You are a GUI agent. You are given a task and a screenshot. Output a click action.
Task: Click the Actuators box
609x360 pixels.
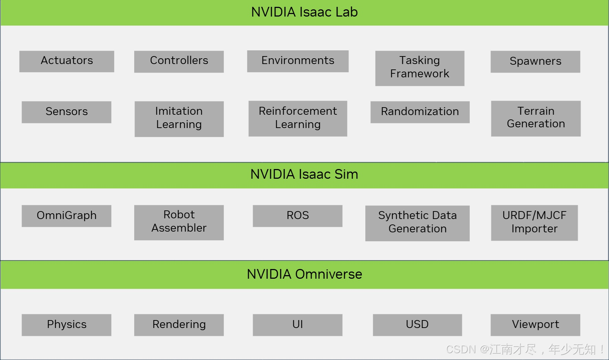[67, 61]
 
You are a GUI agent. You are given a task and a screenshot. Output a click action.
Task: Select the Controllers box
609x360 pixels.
[179, 61]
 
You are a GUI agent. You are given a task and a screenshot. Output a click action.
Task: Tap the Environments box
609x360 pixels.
[298, 61]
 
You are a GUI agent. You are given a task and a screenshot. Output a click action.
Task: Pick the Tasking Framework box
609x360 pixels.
[420, 68]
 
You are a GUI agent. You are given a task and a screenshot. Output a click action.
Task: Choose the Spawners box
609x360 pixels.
[535, 61]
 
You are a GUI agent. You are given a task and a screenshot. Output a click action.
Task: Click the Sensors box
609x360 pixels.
[67, 112]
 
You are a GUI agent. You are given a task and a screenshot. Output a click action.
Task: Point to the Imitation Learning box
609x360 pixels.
[179, 119]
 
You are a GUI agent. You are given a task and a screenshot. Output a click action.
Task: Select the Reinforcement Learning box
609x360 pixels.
[298, 118]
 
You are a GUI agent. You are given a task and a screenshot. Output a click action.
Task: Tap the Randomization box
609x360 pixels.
[420, 112]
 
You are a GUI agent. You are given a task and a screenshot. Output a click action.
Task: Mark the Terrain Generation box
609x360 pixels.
[536, 118]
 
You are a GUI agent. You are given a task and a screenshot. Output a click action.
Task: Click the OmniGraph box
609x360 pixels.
[67, 216]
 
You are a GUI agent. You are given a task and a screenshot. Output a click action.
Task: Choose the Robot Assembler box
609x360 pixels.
[179, 222]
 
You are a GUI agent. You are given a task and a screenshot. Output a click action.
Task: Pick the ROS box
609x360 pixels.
[298, 216]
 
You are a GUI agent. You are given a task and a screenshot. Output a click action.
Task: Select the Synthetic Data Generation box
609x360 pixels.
[417, 223]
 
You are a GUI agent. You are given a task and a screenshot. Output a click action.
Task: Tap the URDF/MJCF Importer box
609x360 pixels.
[534, 223]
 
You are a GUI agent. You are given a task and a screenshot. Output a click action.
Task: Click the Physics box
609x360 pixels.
[67, 325]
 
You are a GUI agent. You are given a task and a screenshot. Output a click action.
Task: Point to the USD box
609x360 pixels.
[417, 325]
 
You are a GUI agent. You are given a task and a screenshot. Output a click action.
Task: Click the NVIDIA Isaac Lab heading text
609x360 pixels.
[304, 12]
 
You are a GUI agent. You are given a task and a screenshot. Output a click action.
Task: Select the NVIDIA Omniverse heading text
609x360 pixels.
[304, 274]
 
